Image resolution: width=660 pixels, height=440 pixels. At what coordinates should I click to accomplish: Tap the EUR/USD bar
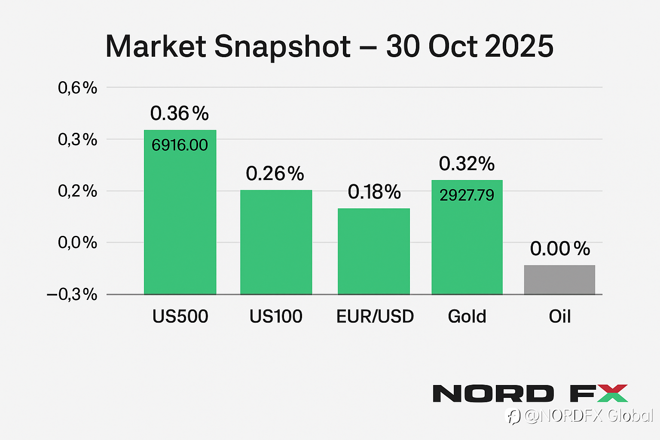373,251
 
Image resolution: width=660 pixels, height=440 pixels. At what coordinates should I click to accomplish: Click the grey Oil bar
559,280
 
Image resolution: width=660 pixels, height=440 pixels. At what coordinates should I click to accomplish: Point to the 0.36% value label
180,113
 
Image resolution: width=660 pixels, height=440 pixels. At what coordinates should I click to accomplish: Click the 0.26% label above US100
275,174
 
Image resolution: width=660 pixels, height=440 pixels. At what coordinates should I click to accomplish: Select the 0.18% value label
374,192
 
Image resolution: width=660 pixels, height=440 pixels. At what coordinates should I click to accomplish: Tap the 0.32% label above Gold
467,164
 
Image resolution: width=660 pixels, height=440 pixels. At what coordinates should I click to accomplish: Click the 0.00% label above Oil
560,249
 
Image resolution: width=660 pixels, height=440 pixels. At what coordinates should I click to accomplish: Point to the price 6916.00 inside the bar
180,145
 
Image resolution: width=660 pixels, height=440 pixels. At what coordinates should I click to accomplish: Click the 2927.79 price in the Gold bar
467,196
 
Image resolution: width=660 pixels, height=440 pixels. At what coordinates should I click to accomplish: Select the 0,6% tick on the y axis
78,88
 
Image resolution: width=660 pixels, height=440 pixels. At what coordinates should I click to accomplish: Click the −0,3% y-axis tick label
72,294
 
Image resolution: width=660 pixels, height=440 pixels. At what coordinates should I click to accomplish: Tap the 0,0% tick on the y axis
78,242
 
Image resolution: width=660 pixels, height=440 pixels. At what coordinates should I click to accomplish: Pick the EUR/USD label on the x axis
375,317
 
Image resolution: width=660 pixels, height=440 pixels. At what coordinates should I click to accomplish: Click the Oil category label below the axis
559,317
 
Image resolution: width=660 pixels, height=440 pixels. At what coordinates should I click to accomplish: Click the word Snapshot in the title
282,46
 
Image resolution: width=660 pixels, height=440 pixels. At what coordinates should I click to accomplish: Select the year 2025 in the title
519,46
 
